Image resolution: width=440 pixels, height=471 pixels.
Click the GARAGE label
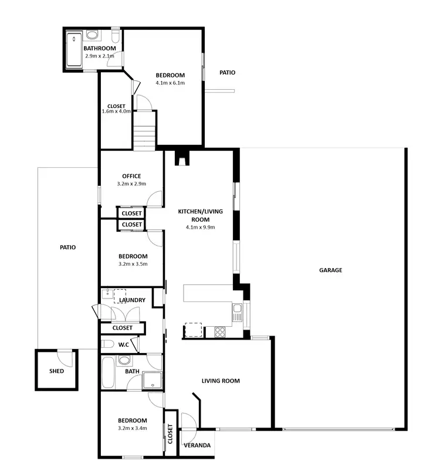[x=330, y=270]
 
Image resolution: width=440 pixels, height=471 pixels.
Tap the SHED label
[x=56, y=371]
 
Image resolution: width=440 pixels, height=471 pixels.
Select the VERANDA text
[x=197, y=446]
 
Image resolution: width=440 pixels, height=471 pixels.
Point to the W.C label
[x=124, y=344]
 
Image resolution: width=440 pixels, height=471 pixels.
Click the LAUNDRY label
[x=131, y=300]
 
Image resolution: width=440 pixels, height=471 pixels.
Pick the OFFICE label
[x=132, y=176]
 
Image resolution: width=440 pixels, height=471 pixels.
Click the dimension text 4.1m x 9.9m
[x=201, y=227]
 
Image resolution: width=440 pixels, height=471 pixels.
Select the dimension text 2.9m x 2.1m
[x=99, y=56]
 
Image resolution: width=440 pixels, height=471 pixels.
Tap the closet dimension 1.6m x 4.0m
[x=116, y=111]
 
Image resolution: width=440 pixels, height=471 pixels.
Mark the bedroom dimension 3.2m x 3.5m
[x=133, y=264]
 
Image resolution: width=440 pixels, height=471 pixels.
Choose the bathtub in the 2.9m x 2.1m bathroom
[x=74, y=50]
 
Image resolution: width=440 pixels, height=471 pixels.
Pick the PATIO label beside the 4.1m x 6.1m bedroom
[x=227, y=73]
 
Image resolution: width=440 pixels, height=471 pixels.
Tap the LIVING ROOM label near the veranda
[x=221, y=381]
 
